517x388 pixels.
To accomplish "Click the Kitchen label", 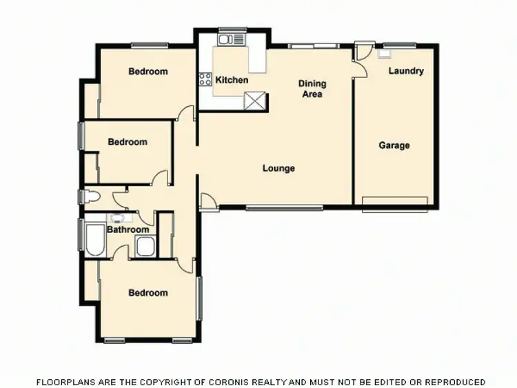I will click(x=232, y=80).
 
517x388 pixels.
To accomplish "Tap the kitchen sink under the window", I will click(x=227, y=39).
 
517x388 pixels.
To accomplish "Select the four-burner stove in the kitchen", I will click(x=205, y=79).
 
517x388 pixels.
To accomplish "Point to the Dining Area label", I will click(x=312, y=89).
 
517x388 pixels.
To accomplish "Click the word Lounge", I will click(x=278, y=168).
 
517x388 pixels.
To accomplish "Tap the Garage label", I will click(x=394, y=145).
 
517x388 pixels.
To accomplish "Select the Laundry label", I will click(x=406, y=71).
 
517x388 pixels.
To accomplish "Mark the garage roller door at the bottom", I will click(x=395, y=201).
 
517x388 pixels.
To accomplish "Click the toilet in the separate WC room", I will click(x=90, y=197).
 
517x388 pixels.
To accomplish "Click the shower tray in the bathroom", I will click(x=145, y=246).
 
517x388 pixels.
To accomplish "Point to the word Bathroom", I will click(x=128, y=230).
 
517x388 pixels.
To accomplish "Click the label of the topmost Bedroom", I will click(x=148, y=71).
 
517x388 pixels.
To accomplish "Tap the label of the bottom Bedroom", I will click(x=148, y=293).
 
